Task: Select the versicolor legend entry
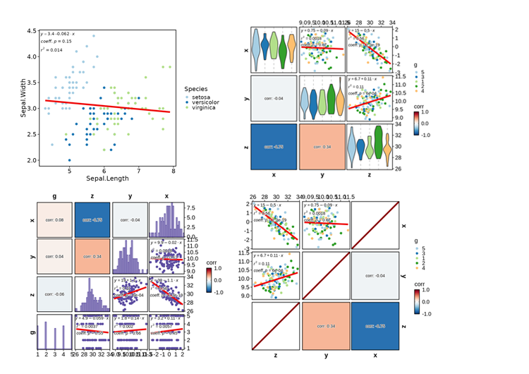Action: [x=206, y=102]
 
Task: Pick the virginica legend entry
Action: [x=205, y=109]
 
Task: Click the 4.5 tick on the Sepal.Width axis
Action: [x=31, y=31]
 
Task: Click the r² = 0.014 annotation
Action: [x=51, y=50]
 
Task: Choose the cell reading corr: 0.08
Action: [x=54, y=219]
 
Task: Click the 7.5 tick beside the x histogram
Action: [x=191, y=208]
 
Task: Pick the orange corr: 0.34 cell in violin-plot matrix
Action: [x=321, y=147]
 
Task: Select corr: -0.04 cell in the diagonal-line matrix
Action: [x=374, y=276]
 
